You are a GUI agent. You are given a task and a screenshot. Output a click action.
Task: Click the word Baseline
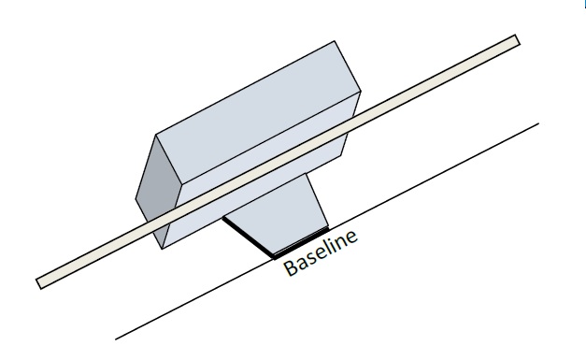click(x=321, y=252)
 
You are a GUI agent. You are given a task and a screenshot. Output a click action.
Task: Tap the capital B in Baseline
click(x=292, y=266)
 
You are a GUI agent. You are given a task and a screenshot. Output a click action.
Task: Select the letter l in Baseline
click(x=325, y=247)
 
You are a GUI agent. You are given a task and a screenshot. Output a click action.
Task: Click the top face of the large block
click(x=258, y=112)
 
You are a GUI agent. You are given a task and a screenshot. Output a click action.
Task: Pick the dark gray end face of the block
click(x=159, y=192)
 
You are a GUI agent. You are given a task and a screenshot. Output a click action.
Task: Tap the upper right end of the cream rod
click(x=518, y=40)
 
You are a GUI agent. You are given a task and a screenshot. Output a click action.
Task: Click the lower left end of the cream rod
click(x=38, y=283)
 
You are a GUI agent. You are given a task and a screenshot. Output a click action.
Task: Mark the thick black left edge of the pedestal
click(x=249, y=237)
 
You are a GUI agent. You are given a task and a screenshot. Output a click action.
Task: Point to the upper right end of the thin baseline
click(x=538, y=123)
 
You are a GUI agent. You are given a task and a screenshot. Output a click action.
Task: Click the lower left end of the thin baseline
click(x=116, y=339)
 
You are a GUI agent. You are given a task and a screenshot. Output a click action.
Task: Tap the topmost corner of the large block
click(x=335, y=41)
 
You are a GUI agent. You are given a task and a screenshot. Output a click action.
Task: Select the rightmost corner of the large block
click(x=361, y=92)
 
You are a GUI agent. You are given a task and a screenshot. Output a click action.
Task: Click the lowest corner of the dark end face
click(x=162, y=249)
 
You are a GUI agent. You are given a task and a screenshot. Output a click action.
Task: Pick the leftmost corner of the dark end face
click(x=136, y=199)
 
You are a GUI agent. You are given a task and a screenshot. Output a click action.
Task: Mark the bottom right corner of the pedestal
click(x=328, y=227)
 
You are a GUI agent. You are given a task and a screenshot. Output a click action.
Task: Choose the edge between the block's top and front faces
click(x=271, y=138)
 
